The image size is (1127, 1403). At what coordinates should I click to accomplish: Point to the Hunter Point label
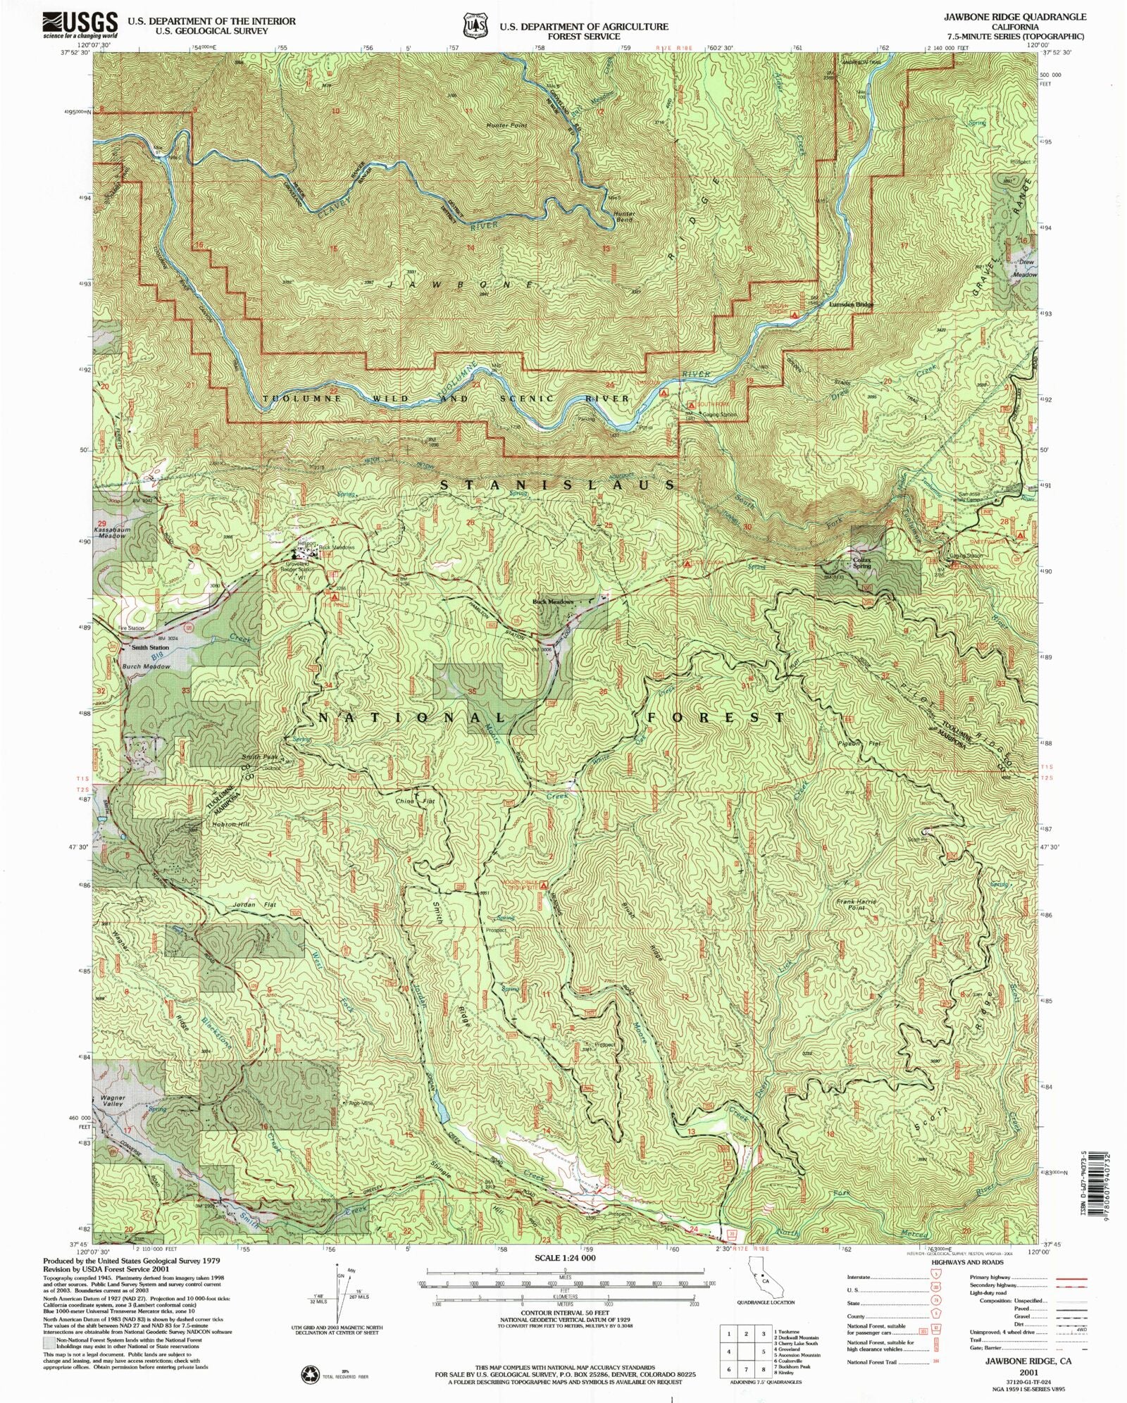506,125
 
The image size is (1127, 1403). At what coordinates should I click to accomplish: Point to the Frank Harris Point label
856,905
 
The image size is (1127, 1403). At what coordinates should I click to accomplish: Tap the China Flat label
405,802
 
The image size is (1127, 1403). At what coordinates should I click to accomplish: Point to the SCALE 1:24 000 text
564,1257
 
